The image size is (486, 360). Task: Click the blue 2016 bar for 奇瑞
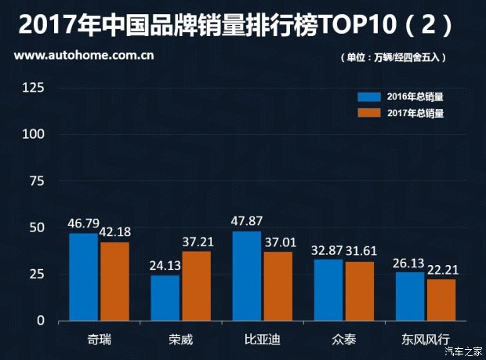(83, 277)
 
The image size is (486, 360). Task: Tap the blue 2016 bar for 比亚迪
(246, 276)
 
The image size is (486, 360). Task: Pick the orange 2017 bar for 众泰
(360, 291)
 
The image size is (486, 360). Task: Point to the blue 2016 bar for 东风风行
(410, 296)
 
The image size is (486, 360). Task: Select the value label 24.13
(166, 264)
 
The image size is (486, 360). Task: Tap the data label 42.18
(115, 231)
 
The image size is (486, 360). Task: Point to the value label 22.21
(442, 269)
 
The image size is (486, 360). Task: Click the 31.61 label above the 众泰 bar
(361, 251)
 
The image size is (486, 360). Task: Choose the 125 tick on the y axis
(33, 87)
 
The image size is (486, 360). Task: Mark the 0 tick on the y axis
(41, 321)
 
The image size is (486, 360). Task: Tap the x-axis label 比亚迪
(263, 340)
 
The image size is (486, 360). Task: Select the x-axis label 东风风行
(426, 340)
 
